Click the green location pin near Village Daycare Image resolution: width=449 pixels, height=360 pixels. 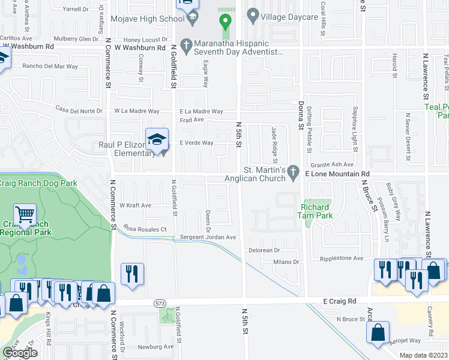(226, 22)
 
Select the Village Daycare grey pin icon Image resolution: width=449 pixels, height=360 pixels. (253, 16)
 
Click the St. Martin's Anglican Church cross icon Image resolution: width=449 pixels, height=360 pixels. (294, 172)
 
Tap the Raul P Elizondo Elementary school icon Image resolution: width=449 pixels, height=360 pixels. (157, 141)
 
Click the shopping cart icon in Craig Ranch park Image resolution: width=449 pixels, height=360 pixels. (25, 215)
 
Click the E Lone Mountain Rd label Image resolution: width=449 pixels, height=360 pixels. (336, 173)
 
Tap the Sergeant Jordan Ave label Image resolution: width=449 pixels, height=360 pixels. (208, 238)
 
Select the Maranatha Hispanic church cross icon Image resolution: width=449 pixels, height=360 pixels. (187, 44)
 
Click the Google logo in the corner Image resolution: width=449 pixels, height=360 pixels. (20, 353)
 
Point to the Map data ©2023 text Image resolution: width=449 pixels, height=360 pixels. (424, 355)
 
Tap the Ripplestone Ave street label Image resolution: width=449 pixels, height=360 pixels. (342, 259)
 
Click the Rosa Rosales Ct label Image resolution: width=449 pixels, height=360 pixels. (145, 229)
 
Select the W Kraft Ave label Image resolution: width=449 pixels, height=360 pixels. (136, 205)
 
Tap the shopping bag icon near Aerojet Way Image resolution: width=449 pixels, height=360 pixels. (378, 333)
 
